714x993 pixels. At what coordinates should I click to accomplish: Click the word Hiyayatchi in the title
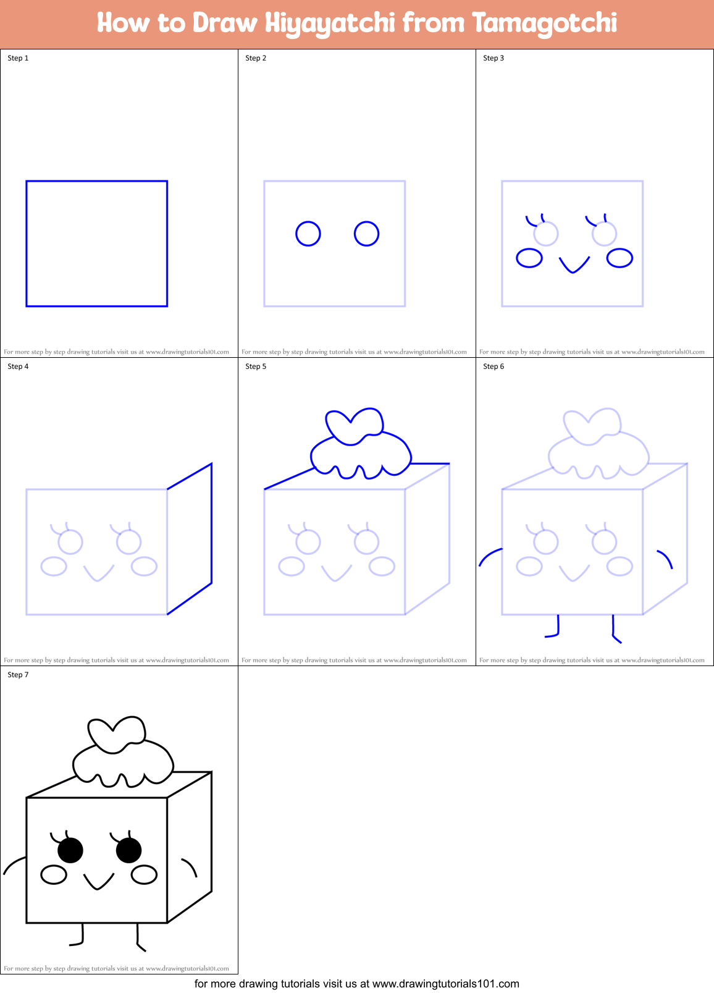[330, 23]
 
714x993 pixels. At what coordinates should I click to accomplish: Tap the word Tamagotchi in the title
[545, 23]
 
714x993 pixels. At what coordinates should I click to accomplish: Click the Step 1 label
[18, 58]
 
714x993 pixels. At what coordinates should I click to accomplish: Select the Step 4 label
[18, 366]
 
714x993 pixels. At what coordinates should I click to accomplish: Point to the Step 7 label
[18, 675]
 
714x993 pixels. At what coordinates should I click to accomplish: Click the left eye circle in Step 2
[308, 234]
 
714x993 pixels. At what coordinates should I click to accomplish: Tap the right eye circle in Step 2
[366, 234]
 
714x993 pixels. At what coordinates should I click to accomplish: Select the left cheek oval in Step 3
[529, 258]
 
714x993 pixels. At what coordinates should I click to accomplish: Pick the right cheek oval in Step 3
[619, 258]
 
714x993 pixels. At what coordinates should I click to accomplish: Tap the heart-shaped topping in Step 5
[355, 425]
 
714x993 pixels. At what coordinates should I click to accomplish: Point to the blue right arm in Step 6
[665, 558]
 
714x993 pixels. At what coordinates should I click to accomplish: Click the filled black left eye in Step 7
[70, 850]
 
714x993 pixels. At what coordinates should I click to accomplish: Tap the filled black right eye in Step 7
[128, 850]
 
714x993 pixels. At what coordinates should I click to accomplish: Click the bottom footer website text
[357, 983]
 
